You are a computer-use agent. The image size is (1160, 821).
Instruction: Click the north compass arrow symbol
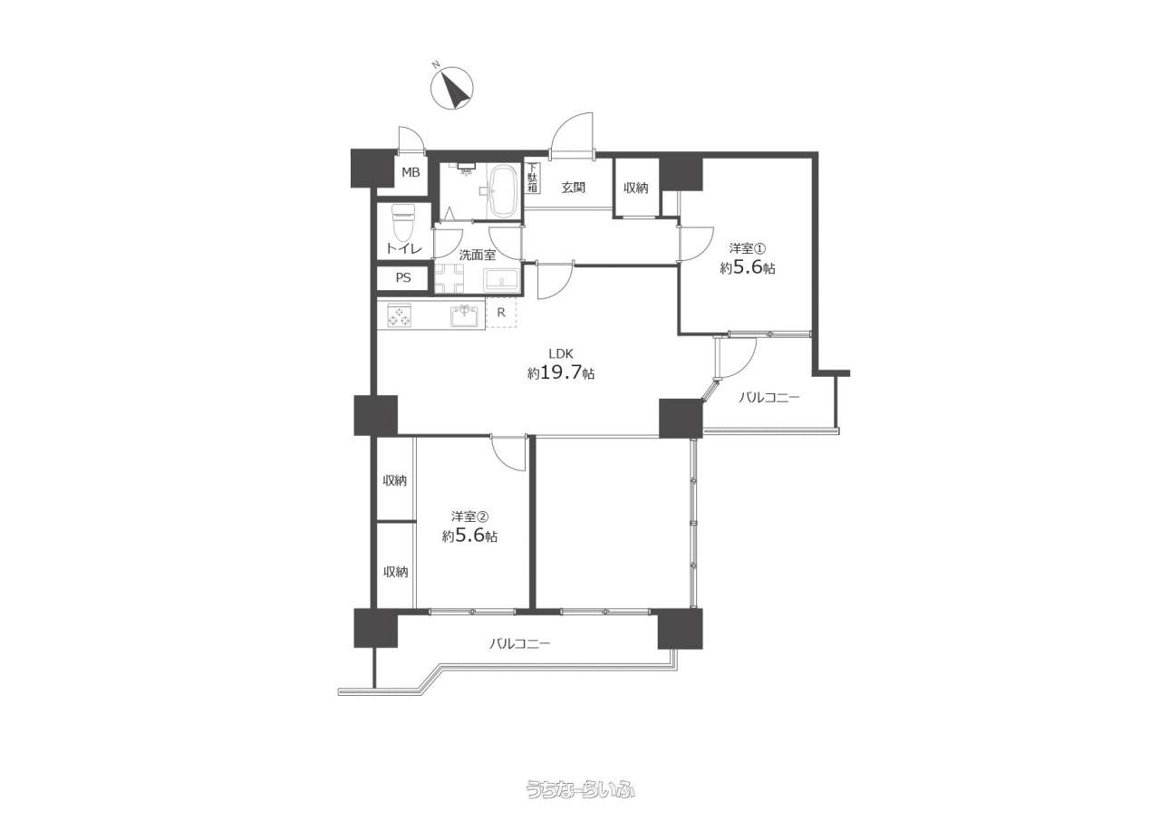[x=452, y=88]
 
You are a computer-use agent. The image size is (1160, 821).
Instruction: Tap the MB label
[x=411, y=172]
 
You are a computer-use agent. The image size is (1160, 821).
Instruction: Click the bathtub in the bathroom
[x=503, y=191]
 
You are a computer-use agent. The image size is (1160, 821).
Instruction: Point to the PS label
[x=403, y=278]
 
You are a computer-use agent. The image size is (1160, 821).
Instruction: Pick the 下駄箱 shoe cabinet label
[x=532, y=178]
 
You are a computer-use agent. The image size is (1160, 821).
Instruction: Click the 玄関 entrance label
[x=574, y=188]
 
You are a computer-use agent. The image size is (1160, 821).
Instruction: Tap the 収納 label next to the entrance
[x=635, y=188]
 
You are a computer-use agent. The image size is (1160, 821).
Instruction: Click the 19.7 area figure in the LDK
[x=561, y=373]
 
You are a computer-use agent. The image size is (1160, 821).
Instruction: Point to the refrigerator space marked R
[x=501, y=313]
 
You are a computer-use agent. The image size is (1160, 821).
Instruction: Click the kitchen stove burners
[x=399, y=315]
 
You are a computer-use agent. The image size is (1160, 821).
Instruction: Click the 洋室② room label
[x=469, y=517]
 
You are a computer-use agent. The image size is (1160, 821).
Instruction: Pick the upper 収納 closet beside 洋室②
[x=395, y=480]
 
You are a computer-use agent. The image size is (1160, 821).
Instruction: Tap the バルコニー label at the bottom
[x=520, y=644]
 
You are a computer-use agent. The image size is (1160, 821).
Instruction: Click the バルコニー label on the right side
[x=769, y=398]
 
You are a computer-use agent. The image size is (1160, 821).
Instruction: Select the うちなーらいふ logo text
[x=581, y=790]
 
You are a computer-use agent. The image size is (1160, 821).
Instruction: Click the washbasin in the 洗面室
[x=501, y=280]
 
